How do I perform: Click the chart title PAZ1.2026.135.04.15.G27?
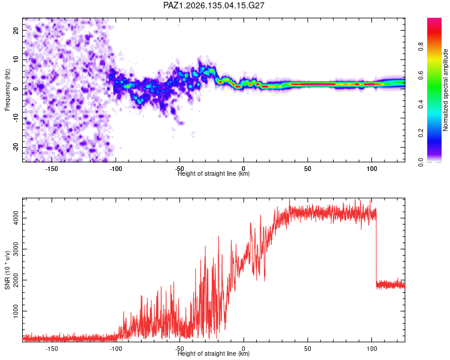pos(214,5)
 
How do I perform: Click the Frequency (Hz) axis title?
pos(7,90)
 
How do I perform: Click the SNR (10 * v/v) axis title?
pos(7,270)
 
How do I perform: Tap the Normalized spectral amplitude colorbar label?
pos(445,90)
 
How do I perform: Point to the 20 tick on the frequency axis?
pos(16,30)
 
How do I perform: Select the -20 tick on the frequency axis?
pos(16,147)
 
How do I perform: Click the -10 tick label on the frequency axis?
pos(16,118)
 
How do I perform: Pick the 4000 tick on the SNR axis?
pos(16,218)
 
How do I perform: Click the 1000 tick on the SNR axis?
pos(16,311)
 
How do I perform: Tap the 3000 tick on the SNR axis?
pos(16,249)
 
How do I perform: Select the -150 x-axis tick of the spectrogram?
pos(52,169)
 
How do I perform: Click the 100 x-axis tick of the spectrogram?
pos(372,169)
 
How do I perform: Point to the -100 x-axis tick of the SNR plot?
pos(116,349)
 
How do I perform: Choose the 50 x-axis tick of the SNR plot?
pos(308,349)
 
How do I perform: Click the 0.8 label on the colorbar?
pos(421,46)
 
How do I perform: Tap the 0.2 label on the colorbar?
pos(421,133)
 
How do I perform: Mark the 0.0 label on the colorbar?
pos(421,162)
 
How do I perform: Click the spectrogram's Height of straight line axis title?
pos(214,173)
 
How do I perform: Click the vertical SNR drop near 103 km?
pos(376,248)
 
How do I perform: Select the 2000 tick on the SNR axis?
pos(16,280)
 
